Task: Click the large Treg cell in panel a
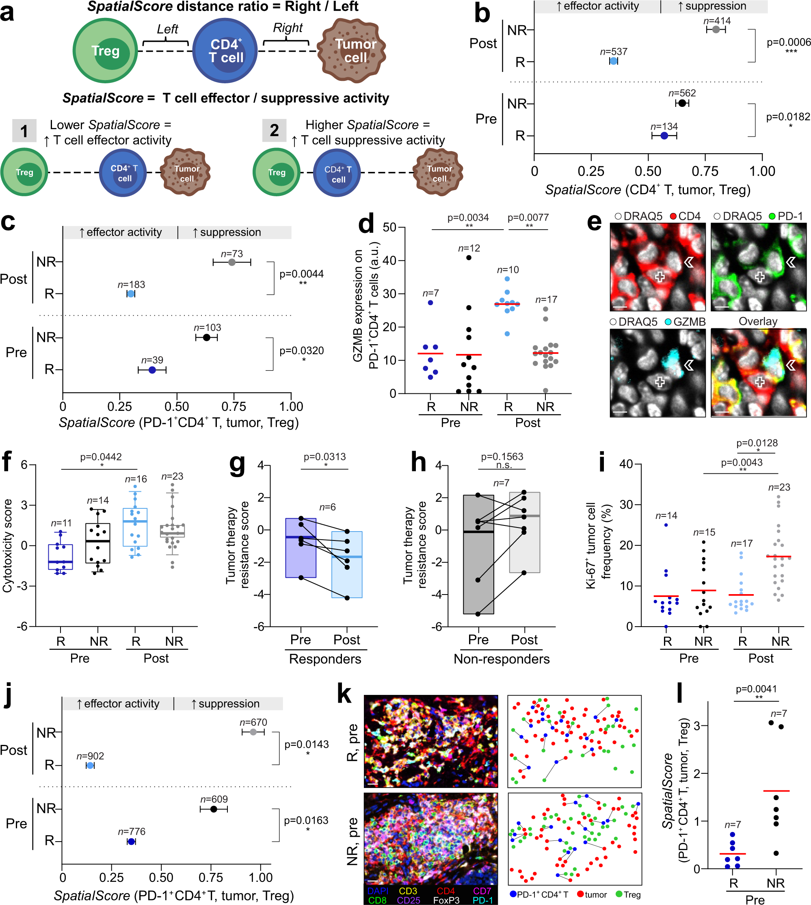(105, 50)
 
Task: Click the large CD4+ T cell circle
(225, 50)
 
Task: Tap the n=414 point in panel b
(716, 29)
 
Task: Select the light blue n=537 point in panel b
(614, 61)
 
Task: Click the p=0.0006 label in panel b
(788, 42)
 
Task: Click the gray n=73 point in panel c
(232, 262)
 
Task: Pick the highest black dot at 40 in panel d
(469, 258)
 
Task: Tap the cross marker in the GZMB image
(660, 382)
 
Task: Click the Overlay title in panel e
(758, 321)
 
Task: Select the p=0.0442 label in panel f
(101, 457)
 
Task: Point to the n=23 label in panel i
(779, 487)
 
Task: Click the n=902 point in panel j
(90, 766)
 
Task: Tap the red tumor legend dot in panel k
(580, 894)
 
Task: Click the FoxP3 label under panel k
(446, 900)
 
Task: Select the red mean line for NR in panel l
(776, 791)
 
